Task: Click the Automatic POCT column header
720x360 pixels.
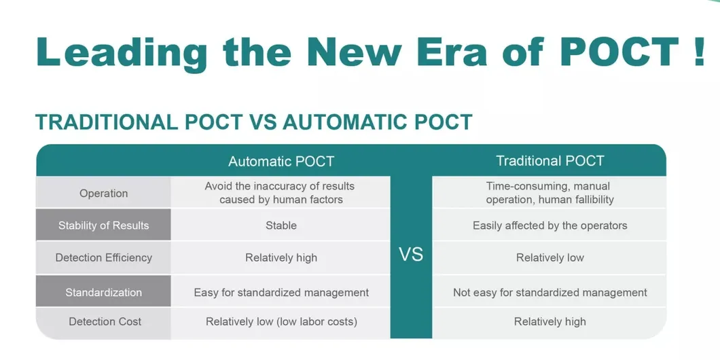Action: tap(281, 162)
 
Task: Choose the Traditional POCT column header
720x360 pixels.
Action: tap(550, 161)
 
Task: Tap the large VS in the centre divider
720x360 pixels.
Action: tap(411, 255)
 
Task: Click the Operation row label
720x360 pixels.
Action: tap(103, 194)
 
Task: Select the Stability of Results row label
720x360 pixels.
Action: tap(103, 226)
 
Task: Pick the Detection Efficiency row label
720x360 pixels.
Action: tap(103, 257)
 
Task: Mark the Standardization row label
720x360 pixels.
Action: tap(103, 293)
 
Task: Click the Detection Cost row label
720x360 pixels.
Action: tap(105, 321)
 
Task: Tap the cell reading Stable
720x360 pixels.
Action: tap(281, 226)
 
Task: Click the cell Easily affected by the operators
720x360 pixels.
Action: tap(550, 226)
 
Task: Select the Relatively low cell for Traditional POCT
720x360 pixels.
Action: tap(550, 257)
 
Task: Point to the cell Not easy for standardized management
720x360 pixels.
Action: tap(550, 293)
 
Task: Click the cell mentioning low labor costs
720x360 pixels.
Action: tap(281, 321)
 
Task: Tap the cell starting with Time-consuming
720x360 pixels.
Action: tap(550, 193)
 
